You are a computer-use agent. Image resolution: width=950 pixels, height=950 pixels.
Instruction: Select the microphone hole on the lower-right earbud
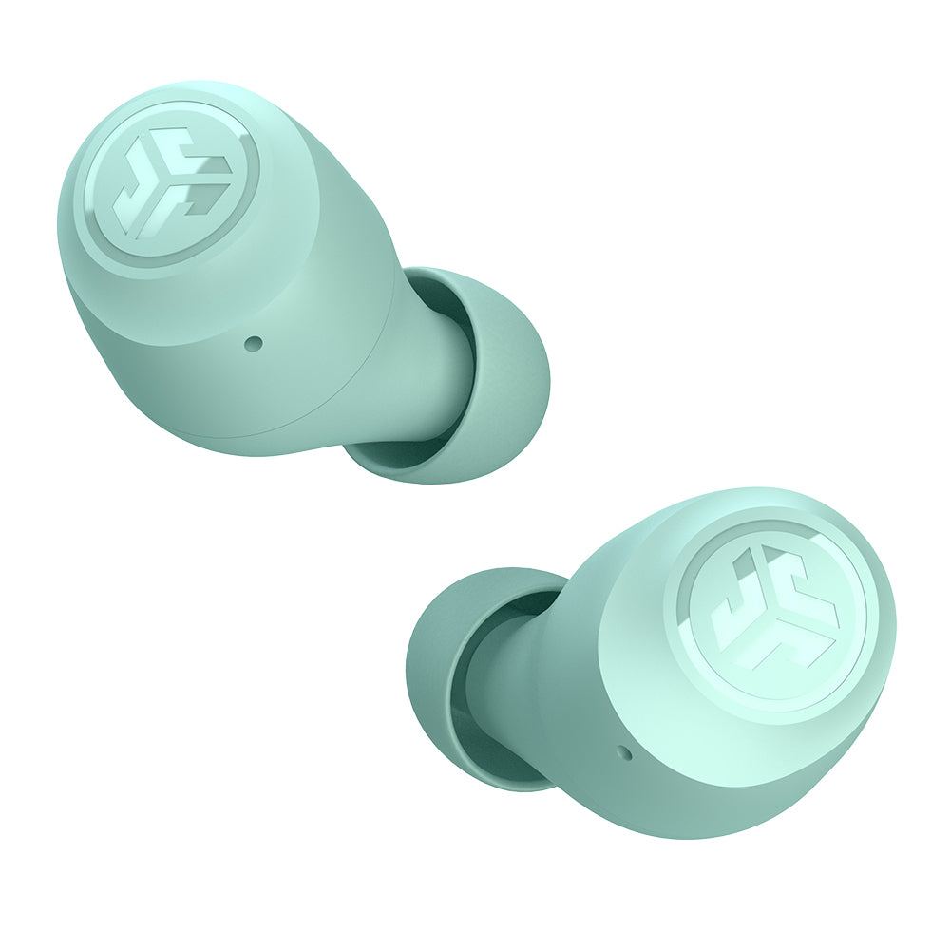[623, 753]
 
